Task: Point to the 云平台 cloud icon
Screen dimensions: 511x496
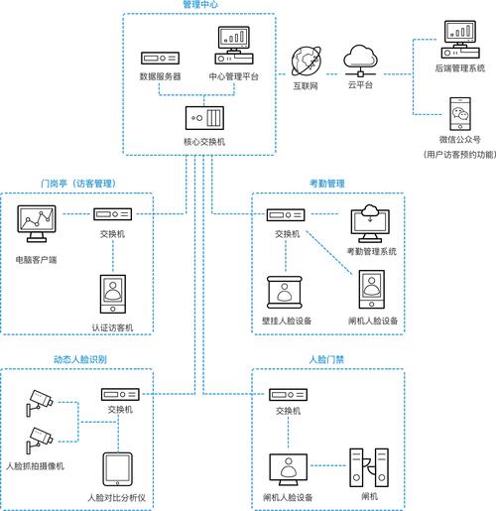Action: coord(357,57)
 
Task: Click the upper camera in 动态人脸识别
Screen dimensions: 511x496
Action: coord(42,399)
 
